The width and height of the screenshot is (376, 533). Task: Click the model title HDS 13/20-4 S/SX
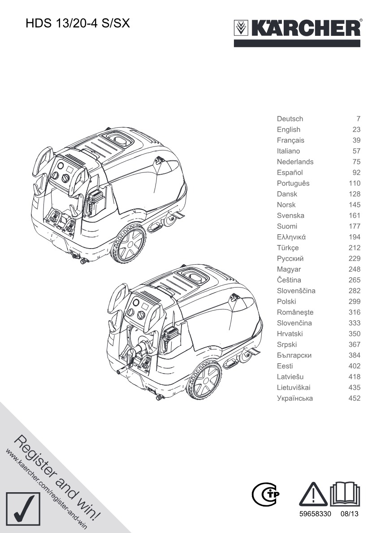pyautogui.click(x=78, y=23)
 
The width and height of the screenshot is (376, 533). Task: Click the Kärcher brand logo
pyautogui.click(x=297, y=32)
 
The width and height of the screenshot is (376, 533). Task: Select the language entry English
pyautogui.click(x=289, y=129)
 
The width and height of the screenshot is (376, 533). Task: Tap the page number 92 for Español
pyautogui.click(x=356, y=172)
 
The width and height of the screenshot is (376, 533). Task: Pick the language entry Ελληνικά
pyautogui.click(x=291, y=237)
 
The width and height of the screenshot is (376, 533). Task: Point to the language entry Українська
pyautogui.click(x=295, y=398)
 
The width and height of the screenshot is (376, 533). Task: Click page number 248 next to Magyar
pyautogui.click(x=354, y=269)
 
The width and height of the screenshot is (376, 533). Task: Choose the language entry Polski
pyautogui.click(x=286, y=301)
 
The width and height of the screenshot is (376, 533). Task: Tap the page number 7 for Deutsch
pyautogui.click(x=359, y=119)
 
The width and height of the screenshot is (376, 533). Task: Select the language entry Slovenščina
pyautogui.click(x=296, y=291)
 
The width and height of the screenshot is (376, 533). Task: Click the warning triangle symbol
pyautogui.click(x=313, y=494)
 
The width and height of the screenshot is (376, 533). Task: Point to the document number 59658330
pyautogui.click(x=315, y=514)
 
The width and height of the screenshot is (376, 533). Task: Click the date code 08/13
pyautogui.click(x=350, y=514)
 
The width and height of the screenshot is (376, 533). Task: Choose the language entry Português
pyautogui.click(x=293, y=183)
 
